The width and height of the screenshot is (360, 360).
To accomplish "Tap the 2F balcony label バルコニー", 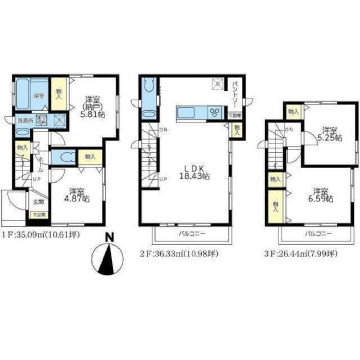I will pyautogui.click(x=192, y=234).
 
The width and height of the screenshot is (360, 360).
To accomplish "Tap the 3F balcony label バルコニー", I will pyautogui.click(x=318, y=234).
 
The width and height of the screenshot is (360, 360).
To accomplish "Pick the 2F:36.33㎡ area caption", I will pyautogui.click(x=179, y=254).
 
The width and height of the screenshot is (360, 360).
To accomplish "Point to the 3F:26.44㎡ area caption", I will pyautogui.click(x=301, y=254).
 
